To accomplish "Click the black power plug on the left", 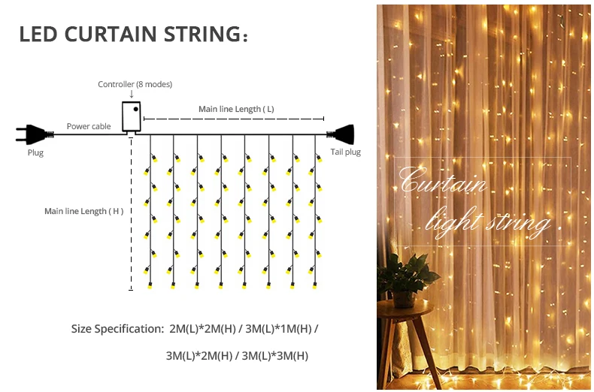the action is coord(33,134).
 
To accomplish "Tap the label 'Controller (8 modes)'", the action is coord(135,84).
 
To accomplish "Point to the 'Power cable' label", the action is coord(89,126).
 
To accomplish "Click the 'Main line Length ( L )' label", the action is coord(236,109).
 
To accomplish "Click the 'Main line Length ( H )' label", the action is coord(83,211).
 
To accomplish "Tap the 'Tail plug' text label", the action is coord(346,152).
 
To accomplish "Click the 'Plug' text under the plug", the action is coord(35,152).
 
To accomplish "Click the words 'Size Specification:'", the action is coord(117,329).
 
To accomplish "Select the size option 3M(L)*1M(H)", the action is coord(278,329).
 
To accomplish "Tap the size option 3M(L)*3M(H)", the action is coord(277,355).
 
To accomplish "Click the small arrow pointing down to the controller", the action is coord(132,94).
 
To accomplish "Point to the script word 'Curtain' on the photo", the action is coord(444,182).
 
